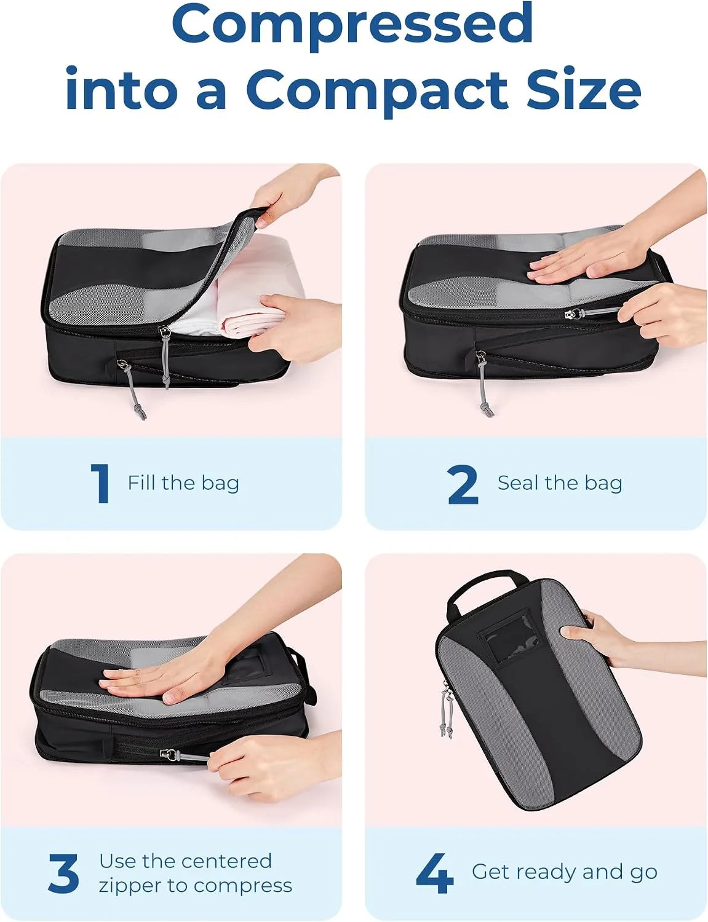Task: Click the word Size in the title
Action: [x=584, y=89]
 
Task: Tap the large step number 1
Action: [x=100, y=483]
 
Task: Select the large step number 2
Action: [x=463, y=484]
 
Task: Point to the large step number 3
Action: [x=63, y=873]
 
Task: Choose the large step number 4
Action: [x=435, y=873]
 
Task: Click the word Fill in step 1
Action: [x=141, y=483]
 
